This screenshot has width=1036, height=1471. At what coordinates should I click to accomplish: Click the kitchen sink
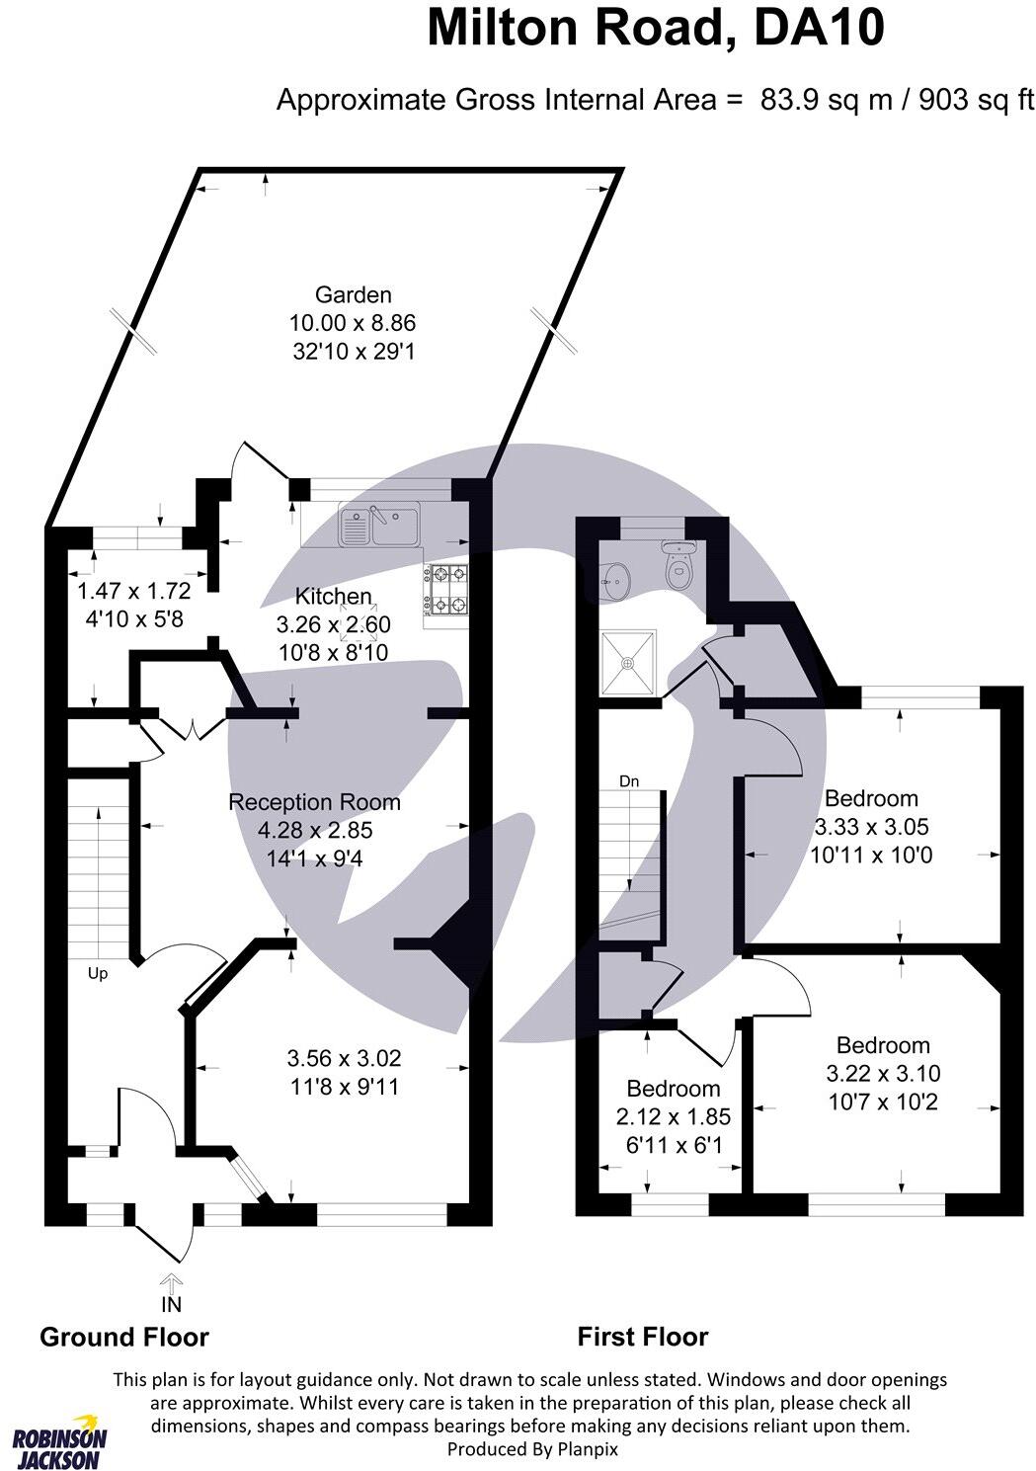379,524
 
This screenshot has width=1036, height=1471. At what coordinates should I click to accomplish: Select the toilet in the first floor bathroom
678,567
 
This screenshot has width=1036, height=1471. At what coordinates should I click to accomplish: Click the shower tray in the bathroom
629,662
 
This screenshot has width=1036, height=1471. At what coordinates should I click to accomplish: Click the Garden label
353,294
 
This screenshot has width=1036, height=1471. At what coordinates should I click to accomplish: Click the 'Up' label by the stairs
98,973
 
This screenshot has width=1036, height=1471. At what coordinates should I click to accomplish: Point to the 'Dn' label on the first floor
629,781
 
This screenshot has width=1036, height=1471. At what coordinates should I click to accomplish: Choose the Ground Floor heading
124,1338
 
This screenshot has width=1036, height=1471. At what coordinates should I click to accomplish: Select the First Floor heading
643,1338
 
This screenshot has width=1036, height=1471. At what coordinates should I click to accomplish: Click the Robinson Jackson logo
59,1440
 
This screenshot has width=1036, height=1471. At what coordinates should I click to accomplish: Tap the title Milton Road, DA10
655,30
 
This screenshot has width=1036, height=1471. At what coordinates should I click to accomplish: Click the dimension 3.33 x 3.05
871,827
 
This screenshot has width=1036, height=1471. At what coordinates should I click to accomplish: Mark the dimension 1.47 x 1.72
133,592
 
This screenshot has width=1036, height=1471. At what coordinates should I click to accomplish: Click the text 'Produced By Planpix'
532,1448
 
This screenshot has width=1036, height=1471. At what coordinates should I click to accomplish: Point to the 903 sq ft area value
976,100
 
